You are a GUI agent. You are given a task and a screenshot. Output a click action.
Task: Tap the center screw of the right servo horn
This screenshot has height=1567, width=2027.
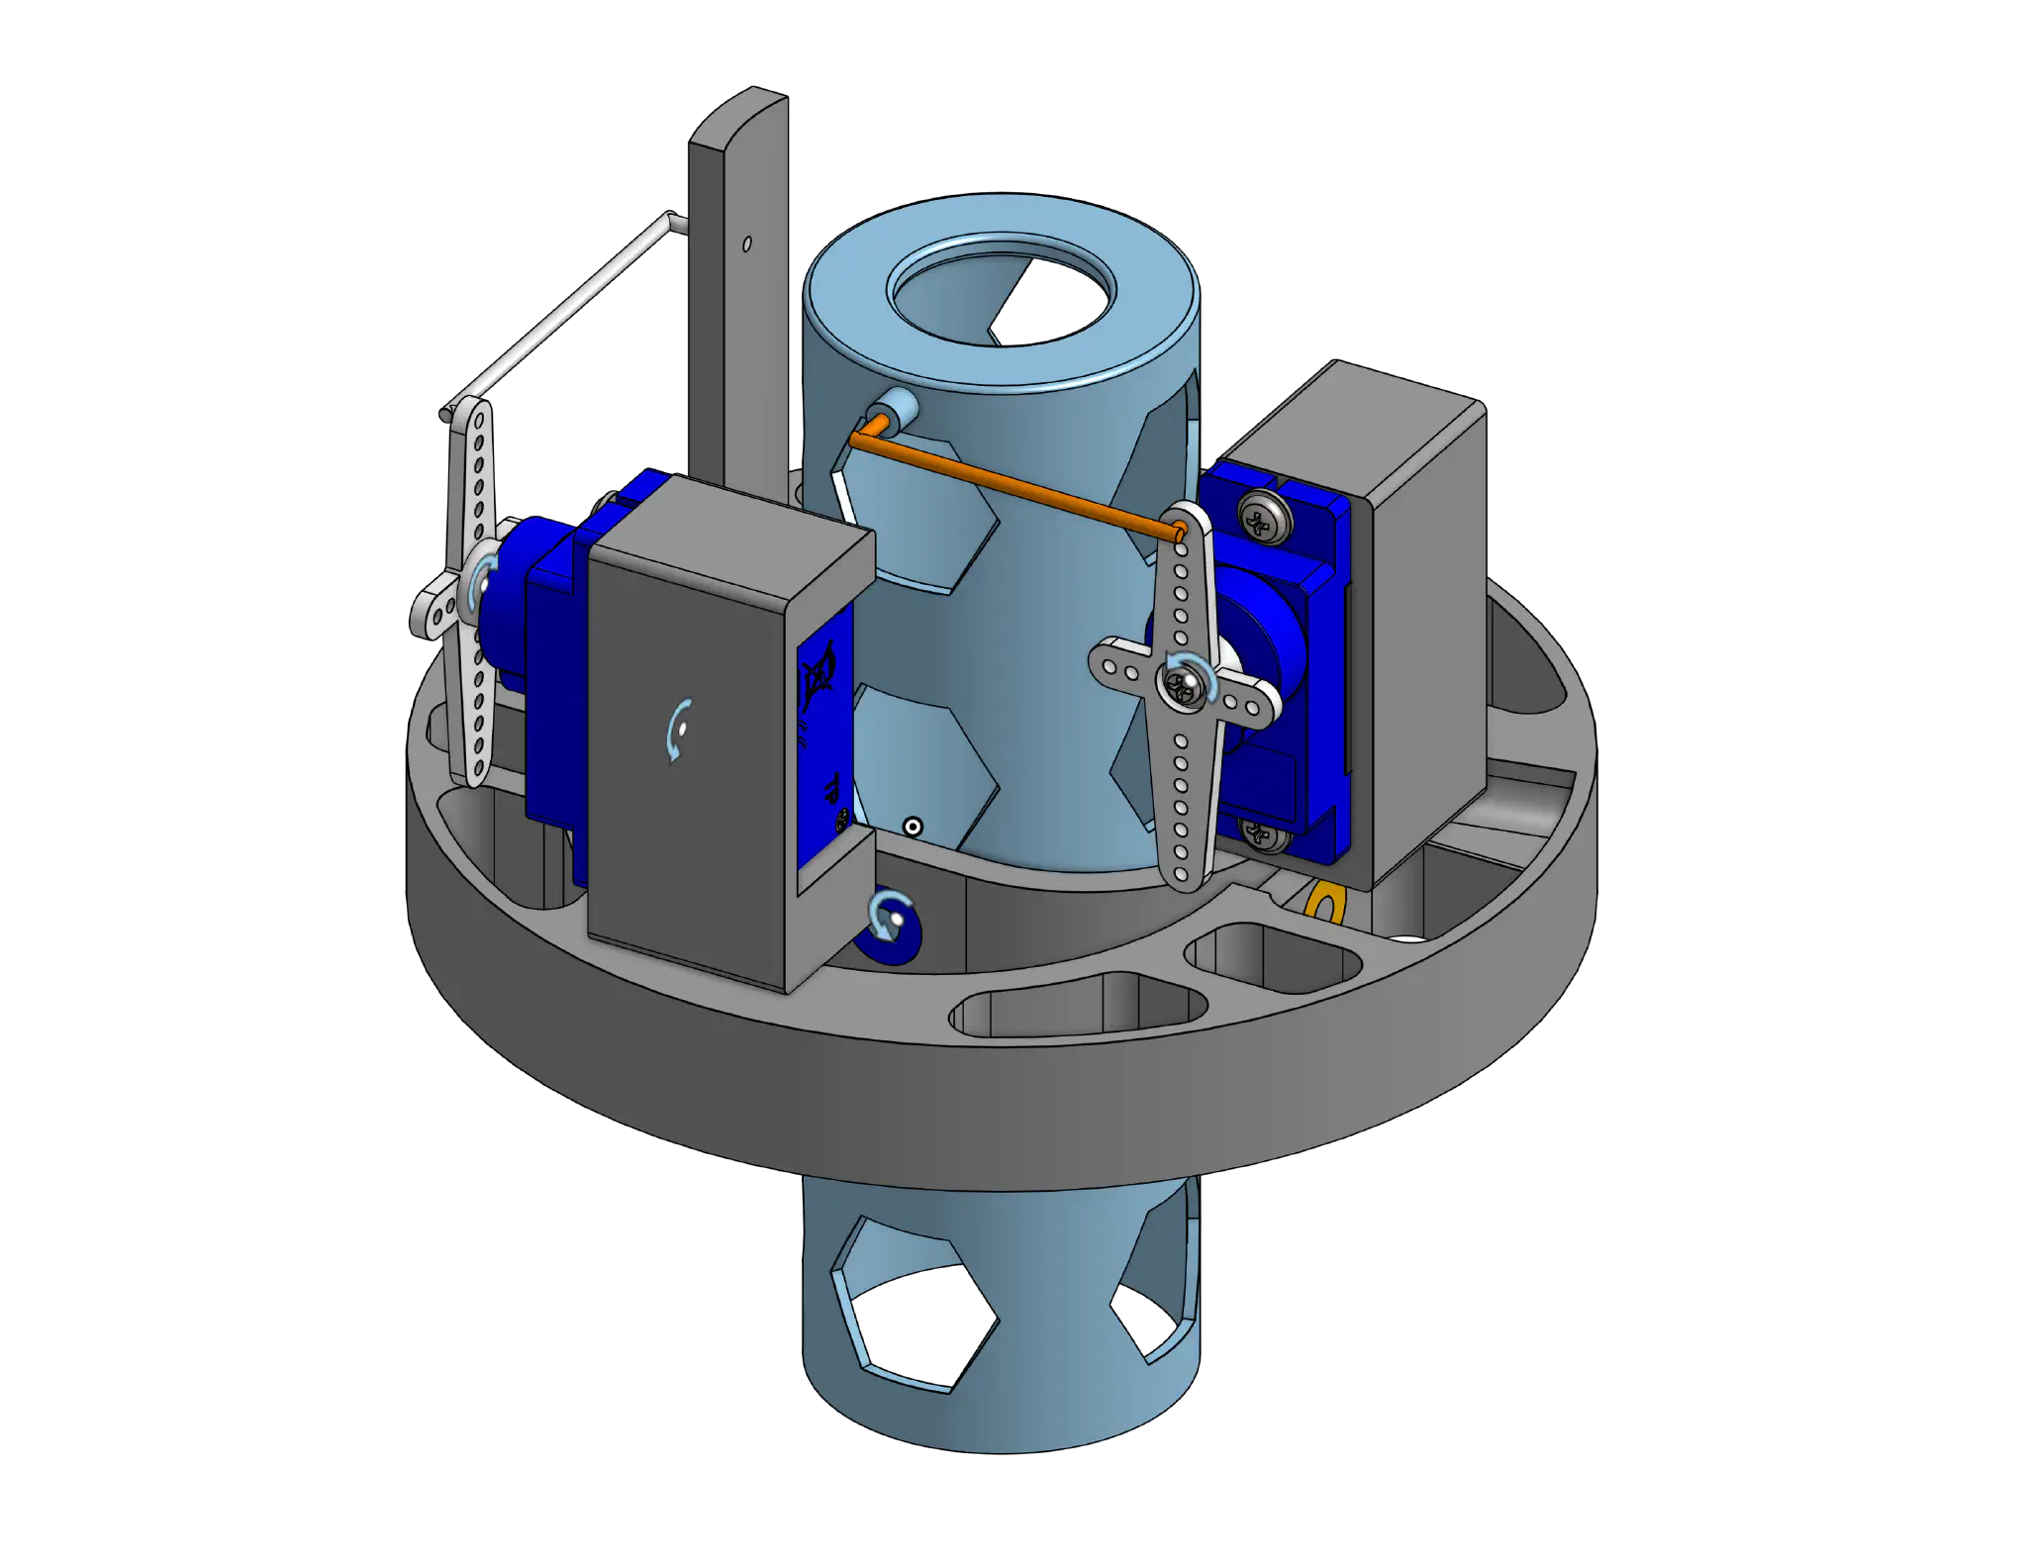[x=1182, y=682]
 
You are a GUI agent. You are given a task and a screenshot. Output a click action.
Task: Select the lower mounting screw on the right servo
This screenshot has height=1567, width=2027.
[x=1259, y=837]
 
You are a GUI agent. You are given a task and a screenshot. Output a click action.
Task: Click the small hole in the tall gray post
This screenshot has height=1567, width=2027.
[x=747, y=243]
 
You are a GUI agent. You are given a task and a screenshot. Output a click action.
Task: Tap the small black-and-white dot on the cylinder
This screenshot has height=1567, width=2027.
[x=914, y=827]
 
